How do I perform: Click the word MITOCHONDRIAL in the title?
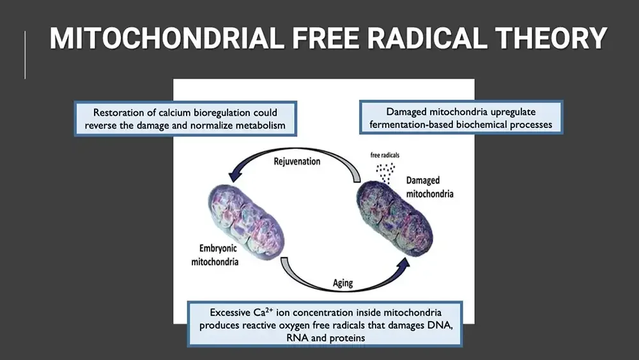(166, 40)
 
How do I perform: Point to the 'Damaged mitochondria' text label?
(429, 186)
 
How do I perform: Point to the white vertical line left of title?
(25, 55)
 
